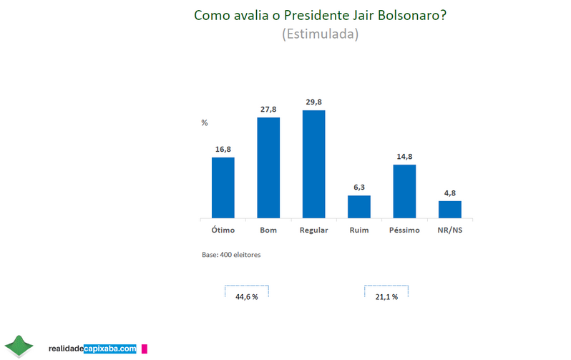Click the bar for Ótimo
tap(223, 188)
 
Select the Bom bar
tap(268, 167)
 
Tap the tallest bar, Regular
tap(313, 164)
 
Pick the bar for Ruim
tap(358, 206)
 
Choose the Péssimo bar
tap(404, 191)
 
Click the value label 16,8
tap(223, 149)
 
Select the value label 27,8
tap(268, 108)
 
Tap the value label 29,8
tap(313, 102)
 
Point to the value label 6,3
tap(358, 187)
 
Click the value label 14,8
tap(404, 156)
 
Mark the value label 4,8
tap(449, 192)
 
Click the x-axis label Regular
tap(313, 230)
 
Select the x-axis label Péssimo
tap(404, 230)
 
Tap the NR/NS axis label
tap(449, 230)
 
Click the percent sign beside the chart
tap(204, 123)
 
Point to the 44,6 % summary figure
tap(246, 296)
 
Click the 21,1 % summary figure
tap(386, 296)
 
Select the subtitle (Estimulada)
tap(320, 34)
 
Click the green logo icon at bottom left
tap(19, 346)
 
